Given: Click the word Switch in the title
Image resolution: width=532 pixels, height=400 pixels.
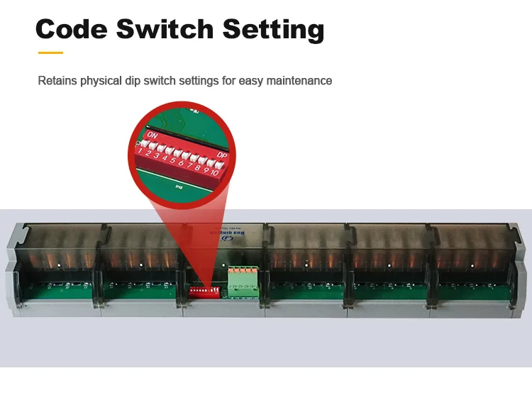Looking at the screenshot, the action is click(164, 29).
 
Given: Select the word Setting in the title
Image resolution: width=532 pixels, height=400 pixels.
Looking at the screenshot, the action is click(273, 29).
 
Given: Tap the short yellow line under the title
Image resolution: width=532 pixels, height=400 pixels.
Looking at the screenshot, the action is click(50, 52).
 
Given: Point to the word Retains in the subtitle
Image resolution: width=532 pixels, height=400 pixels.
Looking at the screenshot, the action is click(57, 81).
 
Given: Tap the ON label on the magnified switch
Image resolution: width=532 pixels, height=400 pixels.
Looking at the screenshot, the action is click(153, 133).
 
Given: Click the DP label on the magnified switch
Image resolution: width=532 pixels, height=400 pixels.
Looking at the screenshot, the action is click(221, 155).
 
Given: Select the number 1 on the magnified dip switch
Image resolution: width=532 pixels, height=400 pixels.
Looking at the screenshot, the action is click(142, 150).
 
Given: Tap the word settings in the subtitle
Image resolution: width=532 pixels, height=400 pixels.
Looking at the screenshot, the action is click(198, 81).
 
